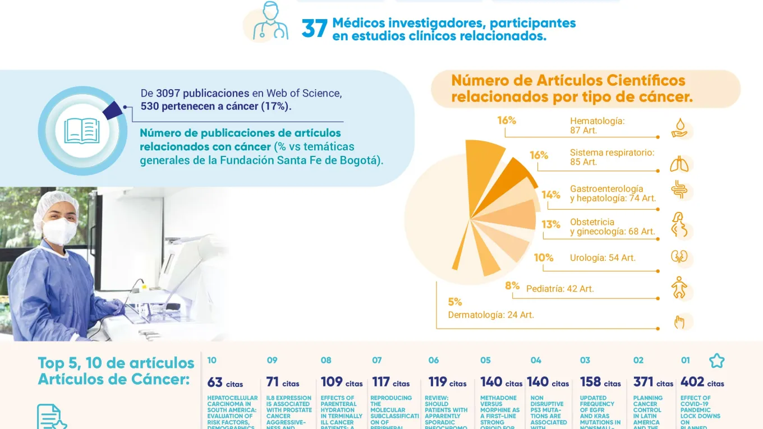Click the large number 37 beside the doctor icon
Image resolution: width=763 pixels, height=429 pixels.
point(314,29)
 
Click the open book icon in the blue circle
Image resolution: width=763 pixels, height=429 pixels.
point(82,131)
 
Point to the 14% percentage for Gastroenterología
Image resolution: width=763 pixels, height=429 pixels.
point(551,195)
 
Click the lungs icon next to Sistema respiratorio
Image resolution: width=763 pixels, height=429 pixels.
point(679,164)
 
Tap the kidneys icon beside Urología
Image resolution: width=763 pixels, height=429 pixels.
point(679,257)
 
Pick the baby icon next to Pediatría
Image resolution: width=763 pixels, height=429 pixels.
point(679,288)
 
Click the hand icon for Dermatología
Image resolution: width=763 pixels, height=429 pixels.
point(679,322)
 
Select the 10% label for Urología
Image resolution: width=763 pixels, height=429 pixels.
point(543,258)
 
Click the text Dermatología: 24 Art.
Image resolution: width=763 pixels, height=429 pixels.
point(490,315)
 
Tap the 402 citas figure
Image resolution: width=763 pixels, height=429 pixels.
point(702,382)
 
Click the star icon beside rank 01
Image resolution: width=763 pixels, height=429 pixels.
point(716,361)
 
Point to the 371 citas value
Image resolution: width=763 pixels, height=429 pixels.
point(653,382)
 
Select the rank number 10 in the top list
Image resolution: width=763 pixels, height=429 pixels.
point(212,361)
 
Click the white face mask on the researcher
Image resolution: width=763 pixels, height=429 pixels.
point(60,230)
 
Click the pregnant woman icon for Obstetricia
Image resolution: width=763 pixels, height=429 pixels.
point(679,224)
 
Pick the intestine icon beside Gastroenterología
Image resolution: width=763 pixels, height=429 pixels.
point(679,191)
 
